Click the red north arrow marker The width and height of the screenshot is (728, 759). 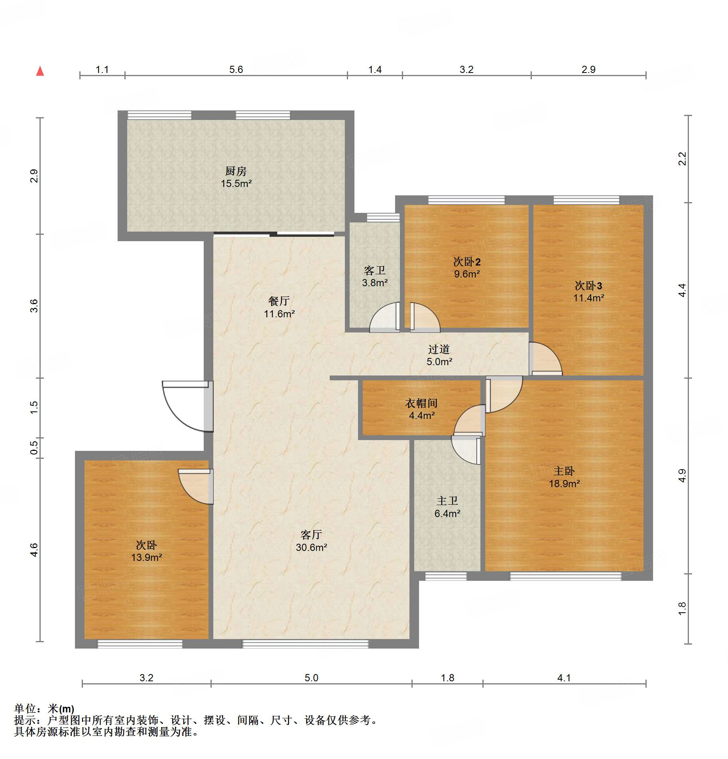40,71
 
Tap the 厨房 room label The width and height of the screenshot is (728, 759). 236,171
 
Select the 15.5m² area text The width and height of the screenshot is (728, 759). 236,184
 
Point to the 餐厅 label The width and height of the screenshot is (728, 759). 279,301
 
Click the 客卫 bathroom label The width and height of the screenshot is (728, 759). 375,271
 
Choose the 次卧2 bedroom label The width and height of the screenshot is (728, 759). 467,262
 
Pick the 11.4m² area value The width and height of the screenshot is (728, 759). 589,298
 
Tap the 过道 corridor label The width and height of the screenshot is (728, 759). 439,349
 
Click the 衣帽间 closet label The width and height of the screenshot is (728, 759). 421,403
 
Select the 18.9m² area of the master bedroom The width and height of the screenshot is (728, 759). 565,484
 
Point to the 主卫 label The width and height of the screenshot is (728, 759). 447,501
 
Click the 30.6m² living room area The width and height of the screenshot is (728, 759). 311,547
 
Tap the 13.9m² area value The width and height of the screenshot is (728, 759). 147,557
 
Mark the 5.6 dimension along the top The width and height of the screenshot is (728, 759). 236,70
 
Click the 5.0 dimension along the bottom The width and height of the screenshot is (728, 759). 311,678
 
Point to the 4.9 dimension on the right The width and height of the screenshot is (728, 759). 682,476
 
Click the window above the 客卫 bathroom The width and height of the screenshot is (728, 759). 383,217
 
